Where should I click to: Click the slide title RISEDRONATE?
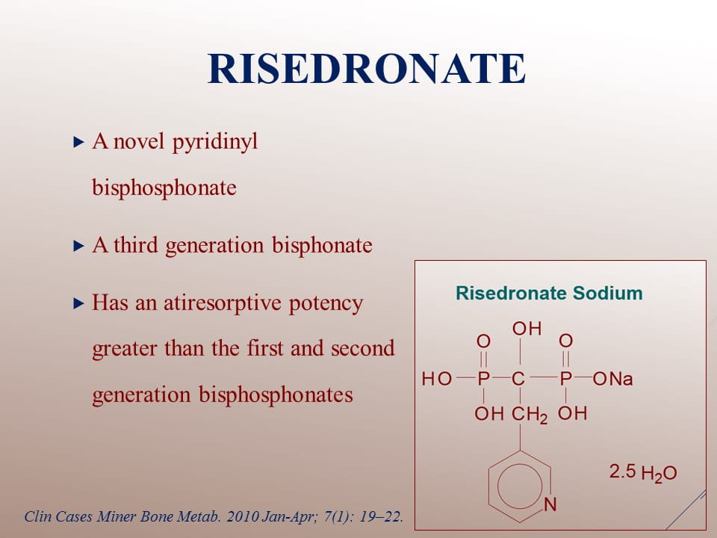(366, 69)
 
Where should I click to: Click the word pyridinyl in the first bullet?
(215, 142)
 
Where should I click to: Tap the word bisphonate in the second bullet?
(322, 245)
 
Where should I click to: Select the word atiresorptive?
(223, 303)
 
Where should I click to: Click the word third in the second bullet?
(136, 245)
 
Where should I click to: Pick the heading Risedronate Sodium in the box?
(549, 293)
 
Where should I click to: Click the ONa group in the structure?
(612, 379)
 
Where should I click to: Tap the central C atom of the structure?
(518, 379)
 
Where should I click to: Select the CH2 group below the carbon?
(530, 415)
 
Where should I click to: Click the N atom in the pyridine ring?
(550, 504)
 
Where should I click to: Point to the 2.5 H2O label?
(643, 472)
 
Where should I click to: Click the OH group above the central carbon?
(527, 329)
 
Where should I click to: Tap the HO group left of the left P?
(437, 379)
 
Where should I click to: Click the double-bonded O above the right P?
(565, 341)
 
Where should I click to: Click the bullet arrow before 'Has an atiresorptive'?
(78, 303)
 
